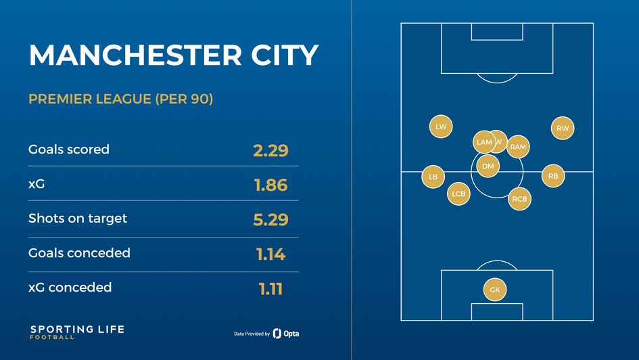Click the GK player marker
495,290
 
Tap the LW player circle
441,127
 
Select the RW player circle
563,128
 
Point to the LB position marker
433,177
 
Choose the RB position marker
553,177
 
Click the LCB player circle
458,194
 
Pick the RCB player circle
519,199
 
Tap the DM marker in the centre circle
488,166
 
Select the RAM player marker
518,147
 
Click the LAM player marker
483,142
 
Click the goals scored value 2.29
270,150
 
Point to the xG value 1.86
270,185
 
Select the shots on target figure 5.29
270,219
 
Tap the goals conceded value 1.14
270,254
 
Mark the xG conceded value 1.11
270,289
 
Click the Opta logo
286,334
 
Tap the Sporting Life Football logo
77,332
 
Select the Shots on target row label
78,219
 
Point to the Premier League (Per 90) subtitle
121,99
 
